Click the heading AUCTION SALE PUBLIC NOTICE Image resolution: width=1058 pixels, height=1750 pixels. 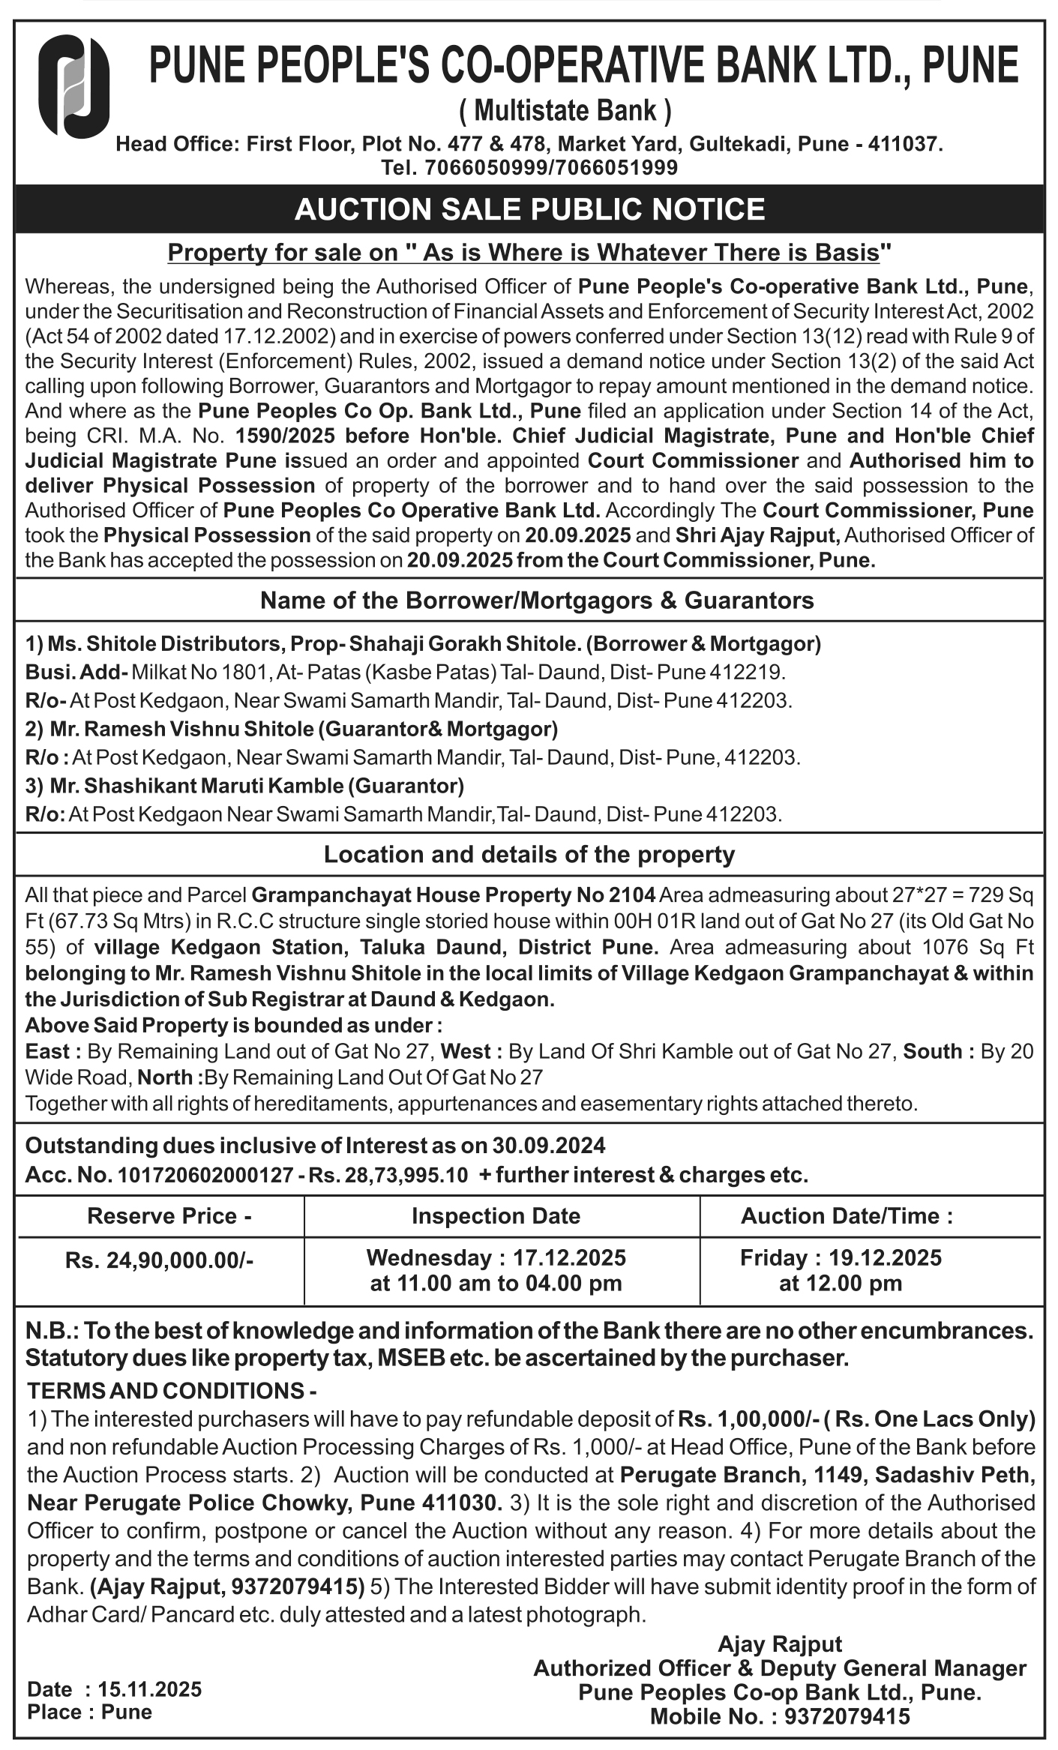[x=529, y=209]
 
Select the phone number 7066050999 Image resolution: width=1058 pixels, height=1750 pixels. [x=485, y=168]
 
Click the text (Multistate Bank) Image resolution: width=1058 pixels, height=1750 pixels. [x=565, y=112]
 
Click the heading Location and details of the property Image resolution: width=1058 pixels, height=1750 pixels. [x=529, y=855]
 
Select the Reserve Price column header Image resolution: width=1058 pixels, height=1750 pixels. [x=169, y=1215]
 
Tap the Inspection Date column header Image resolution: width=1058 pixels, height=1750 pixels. [x=496, y=1215]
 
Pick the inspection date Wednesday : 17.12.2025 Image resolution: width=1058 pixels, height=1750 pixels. [x=496, y=1257]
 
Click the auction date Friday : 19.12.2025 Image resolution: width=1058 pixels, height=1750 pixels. [x=840, y=1257]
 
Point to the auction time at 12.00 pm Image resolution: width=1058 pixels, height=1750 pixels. [x=840, y=1283]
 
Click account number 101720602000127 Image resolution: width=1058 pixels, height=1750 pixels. [x=205, y=1174]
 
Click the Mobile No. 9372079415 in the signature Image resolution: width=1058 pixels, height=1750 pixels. [x=847, y=1716]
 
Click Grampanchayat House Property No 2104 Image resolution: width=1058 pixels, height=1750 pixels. [x=454, y=894]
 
